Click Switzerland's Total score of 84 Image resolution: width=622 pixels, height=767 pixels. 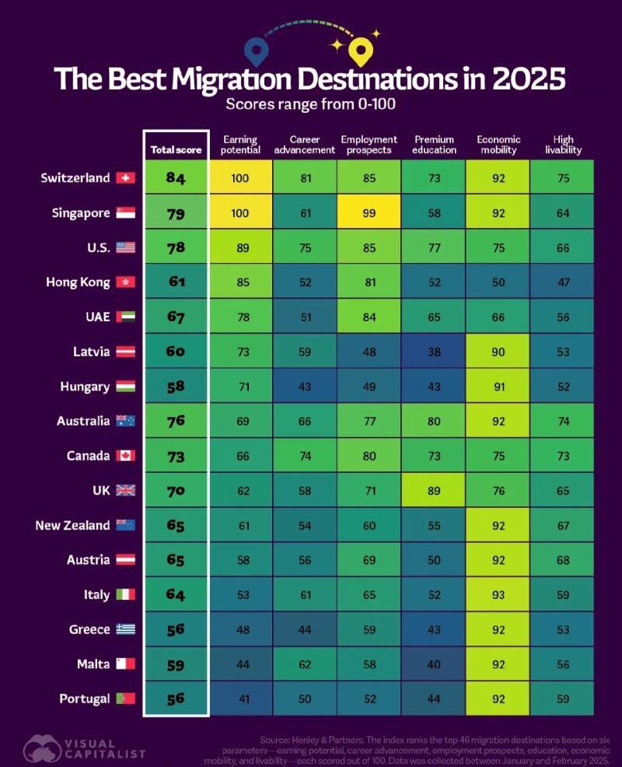pos(176,178)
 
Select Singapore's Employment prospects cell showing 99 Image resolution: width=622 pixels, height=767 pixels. pos(369,213)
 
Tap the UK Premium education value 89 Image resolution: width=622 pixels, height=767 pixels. pos(433,490)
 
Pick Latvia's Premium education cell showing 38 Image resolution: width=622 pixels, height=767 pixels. pos(433,352)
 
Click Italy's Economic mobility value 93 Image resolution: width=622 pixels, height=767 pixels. pos(498,595)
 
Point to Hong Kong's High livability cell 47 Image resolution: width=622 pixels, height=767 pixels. pos(562,282)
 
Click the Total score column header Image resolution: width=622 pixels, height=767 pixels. pos(176,149)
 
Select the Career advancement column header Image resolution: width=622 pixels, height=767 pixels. pos(304,145)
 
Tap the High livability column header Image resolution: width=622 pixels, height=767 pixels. pos(562,145)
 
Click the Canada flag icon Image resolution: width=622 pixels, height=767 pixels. pos(125,456)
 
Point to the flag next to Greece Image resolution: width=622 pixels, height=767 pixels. pos(125,629)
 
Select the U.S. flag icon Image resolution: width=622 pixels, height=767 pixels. pos(125,248)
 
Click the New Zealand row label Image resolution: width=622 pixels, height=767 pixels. pos(72,525)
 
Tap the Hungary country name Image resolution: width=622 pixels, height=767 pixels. pos(85,387)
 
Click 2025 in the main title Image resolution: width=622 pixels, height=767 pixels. pos(522,80)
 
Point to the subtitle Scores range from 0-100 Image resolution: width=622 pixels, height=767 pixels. pos(310,104)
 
